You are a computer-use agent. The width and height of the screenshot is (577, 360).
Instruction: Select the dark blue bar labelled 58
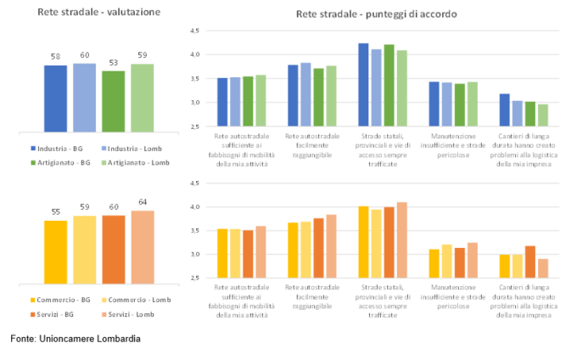[55, 95]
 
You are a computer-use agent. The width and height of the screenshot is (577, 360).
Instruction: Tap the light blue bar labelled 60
[84, 94]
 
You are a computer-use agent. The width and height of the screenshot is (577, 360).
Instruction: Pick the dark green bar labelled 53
[113, 98]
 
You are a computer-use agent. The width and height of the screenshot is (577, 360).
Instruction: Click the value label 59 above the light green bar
[143, 56]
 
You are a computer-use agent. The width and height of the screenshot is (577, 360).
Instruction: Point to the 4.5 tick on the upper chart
[194, 31]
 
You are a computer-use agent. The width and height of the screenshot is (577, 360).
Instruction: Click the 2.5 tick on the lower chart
[194, 278]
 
